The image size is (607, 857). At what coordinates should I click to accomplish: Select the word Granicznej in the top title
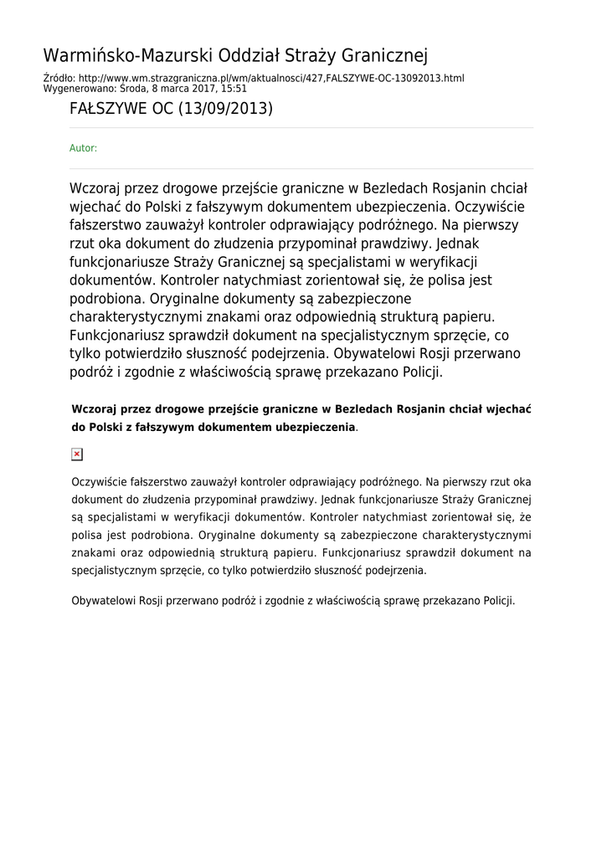tap(383, 56)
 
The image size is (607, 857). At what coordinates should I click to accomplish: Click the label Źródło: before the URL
tap(59, 78)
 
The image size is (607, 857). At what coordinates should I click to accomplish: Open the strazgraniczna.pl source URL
tap(271, 78)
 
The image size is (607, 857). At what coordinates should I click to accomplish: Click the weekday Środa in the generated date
tap(134, 88)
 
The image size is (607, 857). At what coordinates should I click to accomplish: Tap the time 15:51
tap(234, 88)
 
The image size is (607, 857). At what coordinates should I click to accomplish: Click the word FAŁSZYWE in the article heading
tap(108, 109)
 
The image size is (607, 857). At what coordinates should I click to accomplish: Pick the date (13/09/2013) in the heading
tap(225, 109)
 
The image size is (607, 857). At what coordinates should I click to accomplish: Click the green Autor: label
tap(83, 148)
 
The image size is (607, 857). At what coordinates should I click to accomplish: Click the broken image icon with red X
tap(77, 454)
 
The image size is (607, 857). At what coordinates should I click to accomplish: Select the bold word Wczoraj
tap(94, 409)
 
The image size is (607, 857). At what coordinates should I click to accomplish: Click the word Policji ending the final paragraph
tap(498, 600)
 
